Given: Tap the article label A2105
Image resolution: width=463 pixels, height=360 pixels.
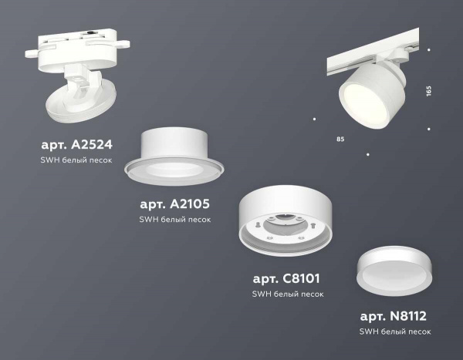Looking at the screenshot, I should click(174, 204).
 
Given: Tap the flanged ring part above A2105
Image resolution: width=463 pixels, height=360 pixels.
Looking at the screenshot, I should click(179, 158).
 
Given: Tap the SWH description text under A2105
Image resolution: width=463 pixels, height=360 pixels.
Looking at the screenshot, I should click(174, 219).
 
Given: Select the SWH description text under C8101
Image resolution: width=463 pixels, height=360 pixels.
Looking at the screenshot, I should click(287, 294).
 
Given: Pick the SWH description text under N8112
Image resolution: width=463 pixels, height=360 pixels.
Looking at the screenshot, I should click(395, 331).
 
